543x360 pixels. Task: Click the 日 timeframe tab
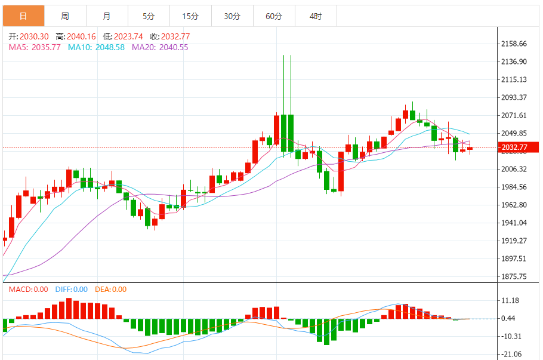tap(23, 16)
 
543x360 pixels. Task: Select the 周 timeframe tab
tap(64, 16)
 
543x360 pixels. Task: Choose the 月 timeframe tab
tap(106, 16)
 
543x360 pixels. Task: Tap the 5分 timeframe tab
tap(149, 16)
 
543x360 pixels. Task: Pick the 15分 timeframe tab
tap(190, 16)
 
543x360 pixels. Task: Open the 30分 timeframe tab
tap(232, 16)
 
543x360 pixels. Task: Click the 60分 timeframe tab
tap(274, 16)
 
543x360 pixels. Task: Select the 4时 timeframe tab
tap(316, 16)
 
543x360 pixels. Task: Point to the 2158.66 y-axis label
tap(514, 44)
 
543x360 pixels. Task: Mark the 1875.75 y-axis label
tap(514, 276)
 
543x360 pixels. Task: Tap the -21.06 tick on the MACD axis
tap(512, 354)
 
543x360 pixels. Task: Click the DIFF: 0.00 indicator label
tap(71, 290)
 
